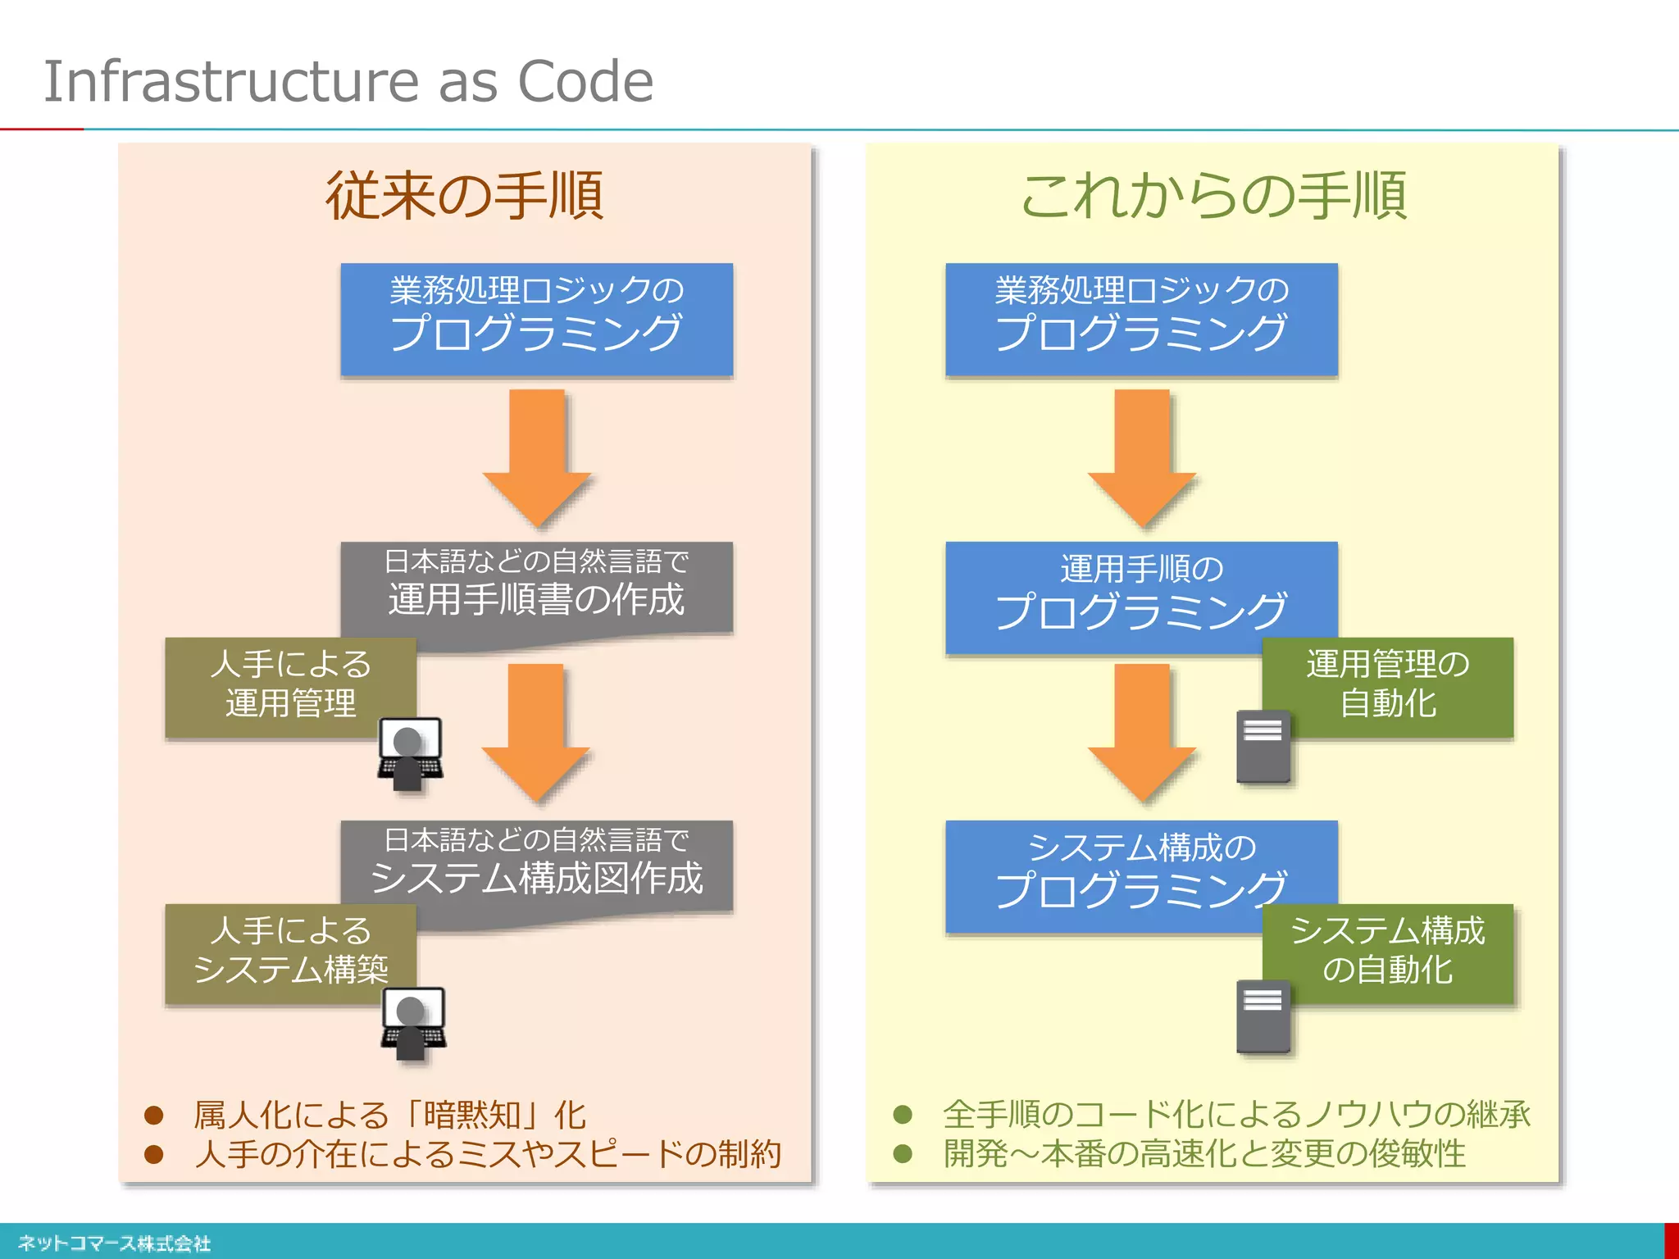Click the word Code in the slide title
585,81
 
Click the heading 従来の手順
465,196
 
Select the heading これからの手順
1213,196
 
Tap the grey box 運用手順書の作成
536,587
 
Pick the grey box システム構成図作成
536,866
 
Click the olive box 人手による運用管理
290,684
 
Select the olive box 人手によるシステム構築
290,951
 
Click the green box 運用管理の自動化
1388,684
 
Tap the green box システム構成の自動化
1388,951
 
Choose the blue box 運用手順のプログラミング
1141,594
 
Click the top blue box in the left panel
536,319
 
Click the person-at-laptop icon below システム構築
413,1023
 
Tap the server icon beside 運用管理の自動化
1263,746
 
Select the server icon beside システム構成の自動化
1263,1016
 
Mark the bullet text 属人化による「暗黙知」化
389,1115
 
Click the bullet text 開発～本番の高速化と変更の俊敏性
1204,1154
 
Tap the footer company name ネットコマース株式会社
115,1243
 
